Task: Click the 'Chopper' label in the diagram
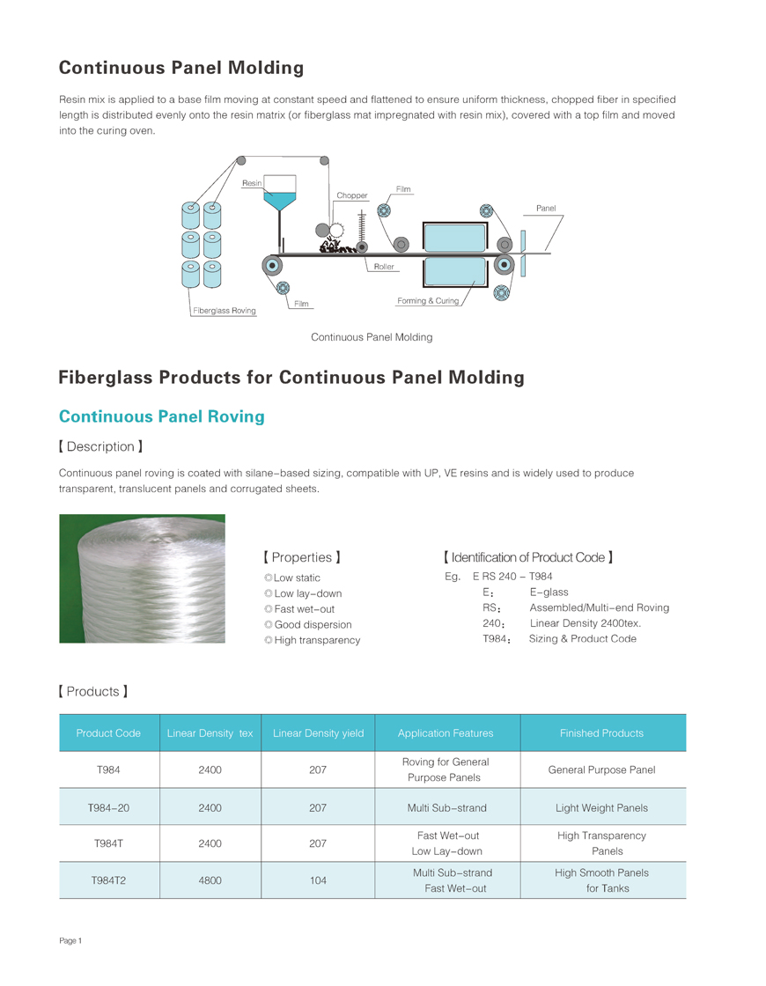[x=351, y=195]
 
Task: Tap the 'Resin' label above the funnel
[x=252, y=182]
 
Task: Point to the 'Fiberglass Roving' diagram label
[x=225, y=311]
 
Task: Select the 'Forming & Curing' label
[x=428, y=301]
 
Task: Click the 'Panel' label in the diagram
[x=546, y=209]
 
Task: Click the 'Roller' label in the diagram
[x=384, y=266]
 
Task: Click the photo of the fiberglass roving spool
[x=142, y=578]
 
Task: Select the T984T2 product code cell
[x=109, y=880]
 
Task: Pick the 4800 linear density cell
[x=210, y=880]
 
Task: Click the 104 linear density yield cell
[x=318, y=880]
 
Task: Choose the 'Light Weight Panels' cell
[x=602, y=807]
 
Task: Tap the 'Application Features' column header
[x=446, y=733]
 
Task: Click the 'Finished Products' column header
[x=602, y=733]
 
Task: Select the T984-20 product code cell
[x=109, y=807]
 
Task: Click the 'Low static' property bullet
[x=297, y=578]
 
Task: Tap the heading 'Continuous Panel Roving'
[x=161, y=416]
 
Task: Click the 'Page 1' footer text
[x=70, y=941]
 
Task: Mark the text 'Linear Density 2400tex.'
[x=586, y=623]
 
